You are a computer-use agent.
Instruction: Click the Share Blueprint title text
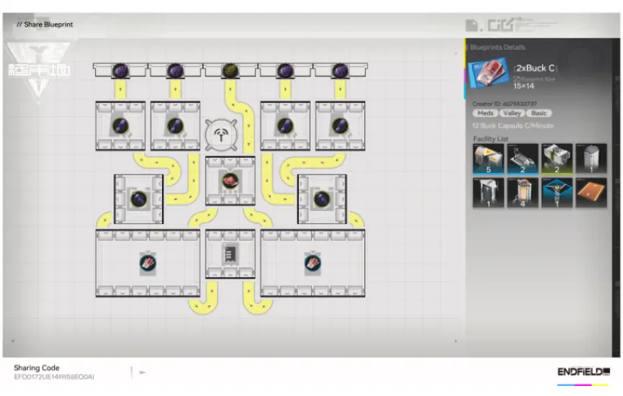[48, 24]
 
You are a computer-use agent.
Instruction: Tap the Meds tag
[485, 113]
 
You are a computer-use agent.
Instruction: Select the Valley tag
[511, 113]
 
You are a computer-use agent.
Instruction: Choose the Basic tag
[538, 113]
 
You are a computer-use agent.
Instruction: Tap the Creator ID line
[505, 104]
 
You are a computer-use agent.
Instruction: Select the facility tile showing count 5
[488, 159]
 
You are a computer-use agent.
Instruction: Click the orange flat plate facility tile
[591, 193]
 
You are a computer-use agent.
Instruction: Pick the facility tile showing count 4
[522, 193]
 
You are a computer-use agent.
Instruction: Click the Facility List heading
[491, 138]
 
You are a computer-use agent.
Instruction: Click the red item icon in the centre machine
[230, 180]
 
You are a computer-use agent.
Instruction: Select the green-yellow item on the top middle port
[230, 70]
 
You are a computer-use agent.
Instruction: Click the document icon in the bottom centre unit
[230, 253]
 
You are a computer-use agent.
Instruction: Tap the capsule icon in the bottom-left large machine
[148, 264]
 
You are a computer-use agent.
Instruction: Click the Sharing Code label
[37, 368]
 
